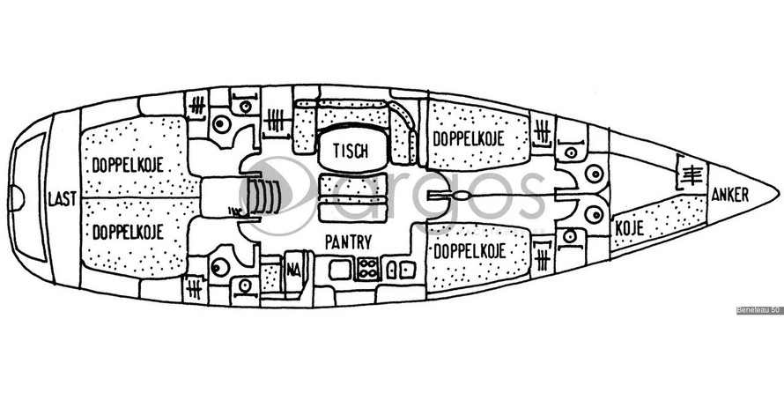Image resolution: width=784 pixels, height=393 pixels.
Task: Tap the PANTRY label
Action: coord(347,241)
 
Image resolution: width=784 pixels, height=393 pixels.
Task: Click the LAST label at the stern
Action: coord(59,200)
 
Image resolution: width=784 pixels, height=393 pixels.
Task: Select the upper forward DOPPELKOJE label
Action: coord(468,138)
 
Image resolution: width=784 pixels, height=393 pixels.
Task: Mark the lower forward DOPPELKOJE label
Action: coord(468,252)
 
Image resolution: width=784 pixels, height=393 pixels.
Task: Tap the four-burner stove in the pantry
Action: coord(367,269)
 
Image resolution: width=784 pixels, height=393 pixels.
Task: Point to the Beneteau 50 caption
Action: coord(758,310)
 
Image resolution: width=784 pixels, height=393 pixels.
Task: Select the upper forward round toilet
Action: coord(595,174)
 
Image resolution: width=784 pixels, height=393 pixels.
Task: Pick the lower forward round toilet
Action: coord(595,214)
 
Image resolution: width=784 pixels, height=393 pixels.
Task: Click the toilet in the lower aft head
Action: coord(220,267)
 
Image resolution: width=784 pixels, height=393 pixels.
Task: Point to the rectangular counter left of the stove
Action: coord(340,269)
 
